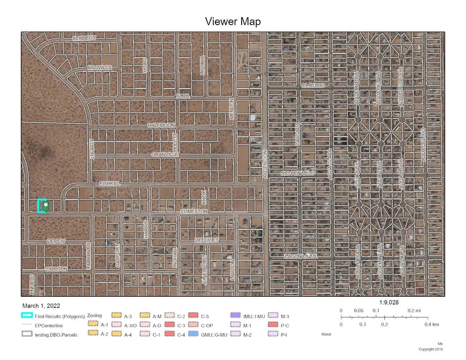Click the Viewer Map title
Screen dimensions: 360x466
pos(232,21)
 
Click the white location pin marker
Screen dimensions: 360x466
pos(46,206)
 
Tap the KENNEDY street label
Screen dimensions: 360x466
pos(84,38)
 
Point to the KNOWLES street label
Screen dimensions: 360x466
pos(99,68)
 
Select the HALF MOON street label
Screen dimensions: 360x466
pos(161,125)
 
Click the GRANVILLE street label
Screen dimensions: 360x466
pos(165,154)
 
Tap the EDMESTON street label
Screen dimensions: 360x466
pos(194,211)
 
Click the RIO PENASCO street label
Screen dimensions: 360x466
pos(298,172)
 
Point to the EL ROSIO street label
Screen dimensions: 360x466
pos(313,85)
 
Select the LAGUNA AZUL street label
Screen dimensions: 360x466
pos(300,256)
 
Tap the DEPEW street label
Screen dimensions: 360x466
pos(56,241)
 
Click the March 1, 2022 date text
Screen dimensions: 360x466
pos(41,306)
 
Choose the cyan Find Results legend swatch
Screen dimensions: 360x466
pos(27,315)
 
